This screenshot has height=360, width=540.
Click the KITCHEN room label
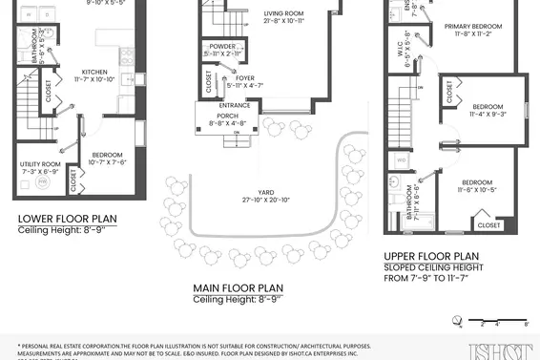94,72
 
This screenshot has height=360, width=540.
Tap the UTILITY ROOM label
40,164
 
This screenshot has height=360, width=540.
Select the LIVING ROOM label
282,14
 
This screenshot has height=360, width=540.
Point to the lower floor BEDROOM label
108,155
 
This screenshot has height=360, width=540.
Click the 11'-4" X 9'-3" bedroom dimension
488,114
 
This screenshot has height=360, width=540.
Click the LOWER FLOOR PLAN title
68,219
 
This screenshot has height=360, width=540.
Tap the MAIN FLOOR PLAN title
238,287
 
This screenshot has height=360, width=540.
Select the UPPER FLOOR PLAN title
431,256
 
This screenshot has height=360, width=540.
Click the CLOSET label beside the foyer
209,82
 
